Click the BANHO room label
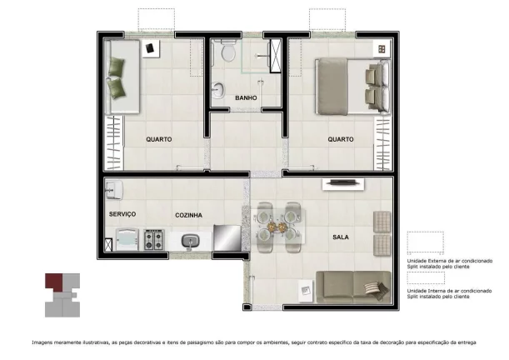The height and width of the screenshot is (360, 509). click(246, 97)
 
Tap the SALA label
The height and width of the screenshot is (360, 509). click(341, 237)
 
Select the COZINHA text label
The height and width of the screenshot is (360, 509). click(189, 215)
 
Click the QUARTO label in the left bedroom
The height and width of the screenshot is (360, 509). click(158, 139)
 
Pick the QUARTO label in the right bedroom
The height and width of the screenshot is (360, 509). click(340, 139)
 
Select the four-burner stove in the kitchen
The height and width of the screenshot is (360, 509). click(154, 241)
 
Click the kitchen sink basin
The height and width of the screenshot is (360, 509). click(191, 242)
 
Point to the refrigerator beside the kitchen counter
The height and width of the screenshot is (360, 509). click(227, 237)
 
